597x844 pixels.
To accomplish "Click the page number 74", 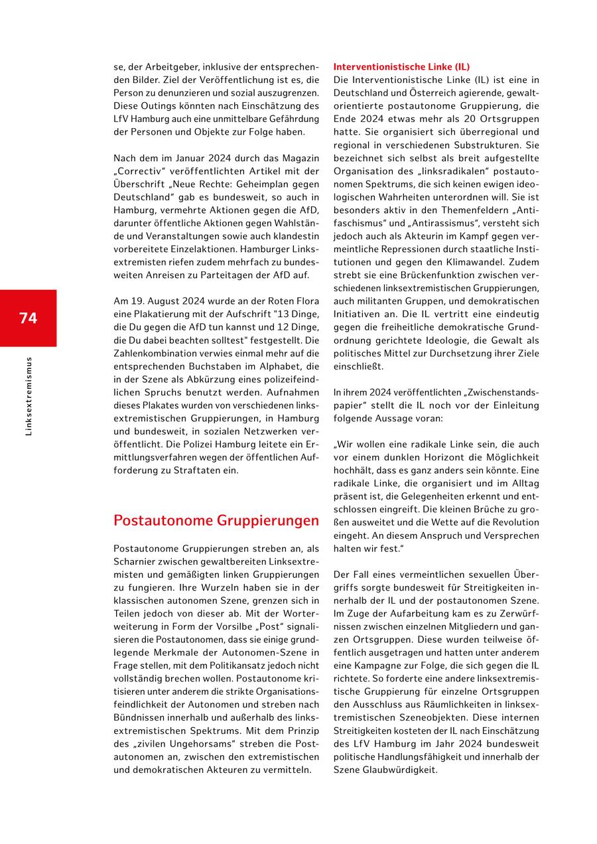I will (28, 318).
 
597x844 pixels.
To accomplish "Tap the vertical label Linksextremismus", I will (28, 396).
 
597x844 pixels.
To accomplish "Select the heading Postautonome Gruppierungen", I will (216, 520).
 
